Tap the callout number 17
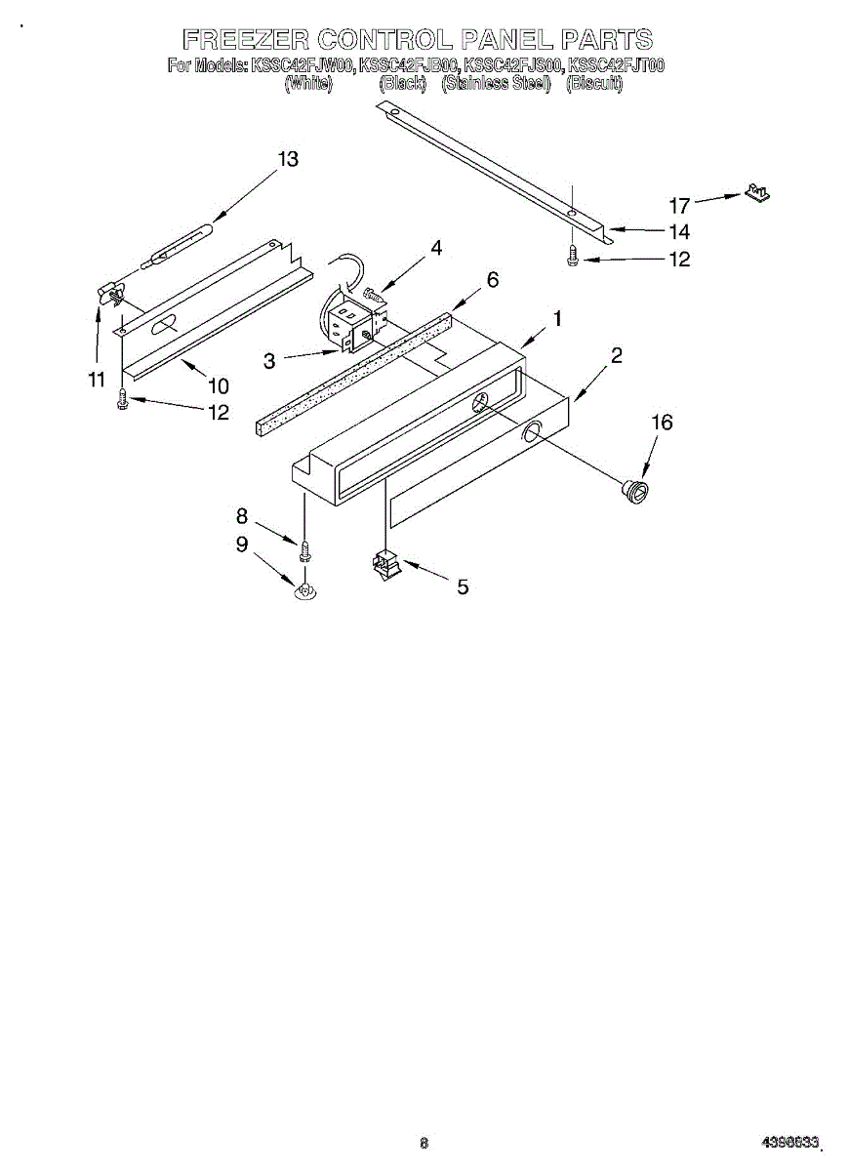click(x=680, y=206)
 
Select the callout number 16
click(x=663, y=423)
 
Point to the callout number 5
click(x=463, y=586)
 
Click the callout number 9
click(x=242, y=545)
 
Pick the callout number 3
click(x=269, y=360)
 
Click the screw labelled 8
click(x=304, y=551)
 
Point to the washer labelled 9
click(x=305, y=589)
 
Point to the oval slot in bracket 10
click(x=164, y=324)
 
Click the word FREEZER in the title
click(x=246, y=40)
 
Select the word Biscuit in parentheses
click(x=594, y=83)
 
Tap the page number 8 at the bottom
click(x=424, y=1143)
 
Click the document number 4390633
click(x=790, y=1143)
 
